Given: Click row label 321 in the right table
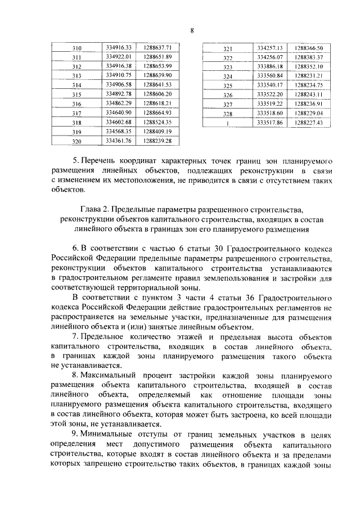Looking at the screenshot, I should tap(228, 49).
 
